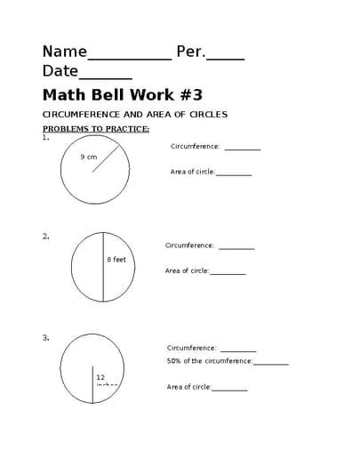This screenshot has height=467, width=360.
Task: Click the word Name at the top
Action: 65,52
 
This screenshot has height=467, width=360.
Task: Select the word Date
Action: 60,71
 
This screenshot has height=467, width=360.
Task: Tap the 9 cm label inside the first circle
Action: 88,157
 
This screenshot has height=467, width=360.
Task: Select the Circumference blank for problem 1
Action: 242,149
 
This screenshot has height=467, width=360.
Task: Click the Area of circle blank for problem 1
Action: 234,174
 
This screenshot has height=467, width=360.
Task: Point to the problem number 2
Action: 45,237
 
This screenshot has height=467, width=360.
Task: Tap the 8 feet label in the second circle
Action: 116,259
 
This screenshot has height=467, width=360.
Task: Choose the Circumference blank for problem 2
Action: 236,248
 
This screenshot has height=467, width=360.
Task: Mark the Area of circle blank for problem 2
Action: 228,273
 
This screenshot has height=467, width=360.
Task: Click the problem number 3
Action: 45,338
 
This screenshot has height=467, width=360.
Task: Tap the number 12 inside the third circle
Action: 100,377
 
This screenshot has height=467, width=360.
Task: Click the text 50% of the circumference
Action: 209,361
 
